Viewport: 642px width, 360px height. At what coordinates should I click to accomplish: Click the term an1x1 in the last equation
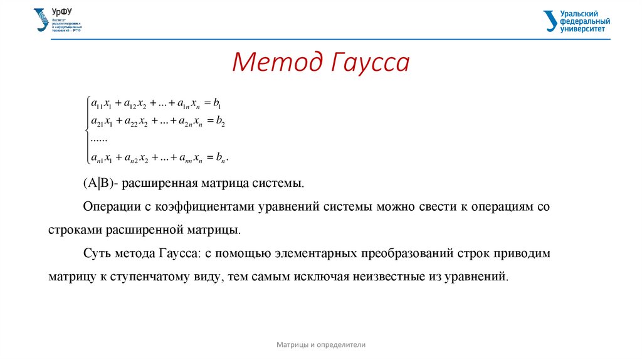[x=102, y=157]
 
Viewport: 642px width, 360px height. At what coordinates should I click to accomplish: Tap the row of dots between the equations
[x=99, y=139]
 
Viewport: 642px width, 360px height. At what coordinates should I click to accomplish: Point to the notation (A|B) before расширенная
[x=97, y=184]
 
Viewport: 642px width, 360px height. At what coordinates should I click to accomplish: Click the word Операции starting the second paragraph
[x=107, y=206]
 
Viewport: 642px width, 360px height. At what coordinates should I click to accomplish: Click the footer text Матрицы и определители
[x=321, y=345]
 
